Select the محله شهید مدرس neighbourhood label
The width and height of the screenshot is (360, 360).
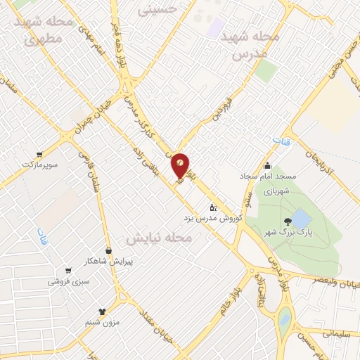(250, 44)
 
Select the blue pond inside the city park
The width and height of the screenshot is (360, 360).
(300, 217)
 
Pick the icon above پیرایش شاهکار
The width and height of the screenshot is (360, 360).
(108, 250)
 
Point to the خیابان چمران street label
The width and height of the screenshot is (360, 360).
(79, 120)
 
